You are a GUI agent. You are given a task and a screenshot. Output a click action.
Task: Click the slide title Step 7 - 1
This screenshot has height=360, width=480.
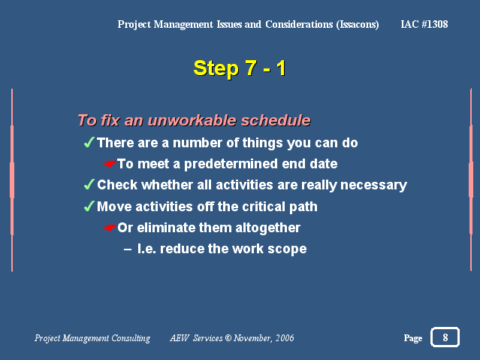pos(240,68)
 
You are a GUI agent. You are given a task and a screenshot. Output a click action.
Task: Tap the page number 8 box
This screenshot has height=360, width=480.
pos(445,337)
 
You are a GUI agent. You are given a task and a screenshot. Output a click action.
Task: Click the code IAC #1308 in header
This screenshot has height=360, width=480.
pos(424,24)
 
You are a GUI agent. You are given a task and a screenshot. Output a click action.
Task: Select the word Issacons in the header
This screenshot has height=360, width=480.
pos(358,25)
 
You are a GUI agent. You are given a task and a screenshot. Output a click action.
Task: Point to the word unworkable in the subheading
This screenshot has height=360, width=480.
pos(192,120)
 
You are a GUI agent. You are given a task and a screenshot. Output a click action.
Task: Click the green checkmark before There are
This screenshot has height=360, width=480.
pos(89,143)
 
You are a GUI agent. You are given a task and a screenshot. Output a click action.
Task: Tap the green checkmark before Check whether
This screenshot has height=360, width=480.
pos(89,184)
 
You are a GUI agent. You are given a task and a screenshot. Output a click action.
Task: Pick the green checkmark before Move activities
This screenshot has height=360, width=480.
pos(89,206)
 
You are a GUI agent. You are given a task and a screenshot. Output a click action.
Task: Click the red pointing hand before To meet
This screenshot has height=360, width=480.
pos(110,164)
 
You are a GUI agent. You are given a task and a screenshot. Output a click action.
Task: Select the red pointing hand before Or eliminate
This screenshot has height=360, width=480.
pos(110,228)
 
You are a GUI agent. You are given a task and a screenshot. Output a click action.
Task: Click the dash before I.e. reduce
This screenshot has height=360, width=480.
pos(128,250)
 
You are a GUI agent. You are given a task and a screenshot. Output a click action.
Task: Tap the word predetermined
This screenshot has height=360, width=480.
pos(231,164)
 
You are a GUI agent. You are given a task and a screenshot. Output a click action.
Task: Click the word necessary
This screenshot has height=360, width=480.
pos(373,185)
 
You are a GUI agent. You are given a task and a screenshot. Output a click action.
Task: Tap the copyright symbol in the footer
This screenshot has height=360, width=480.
pos(228,338)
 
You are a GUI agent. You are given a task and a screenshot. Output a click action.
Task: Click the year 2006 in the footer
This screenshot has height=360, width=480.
pos(285,338)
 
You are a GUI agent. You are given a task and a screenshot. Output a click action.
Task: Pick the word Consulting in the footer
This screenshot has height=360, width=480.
pos(131,338)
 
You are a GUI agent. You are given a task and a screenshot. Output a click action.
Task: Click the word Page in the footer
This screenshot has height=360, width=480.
pos(413,338)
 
